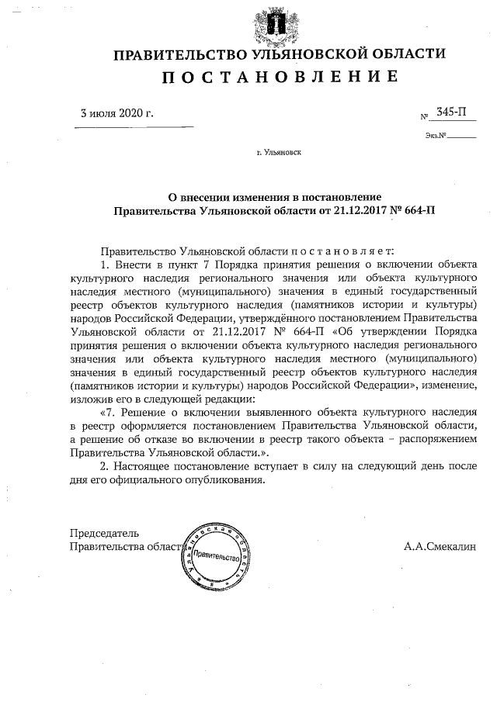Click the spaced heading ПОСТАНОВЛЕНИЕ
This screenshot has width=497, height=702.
280,77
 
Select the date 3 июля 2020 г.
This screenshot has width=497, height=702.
117,112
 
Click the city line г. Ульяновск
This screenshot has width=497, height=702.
279,153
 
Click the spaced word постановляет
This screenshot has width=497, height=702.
342,251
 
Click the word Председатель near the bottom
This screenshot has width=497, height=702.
104,533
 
